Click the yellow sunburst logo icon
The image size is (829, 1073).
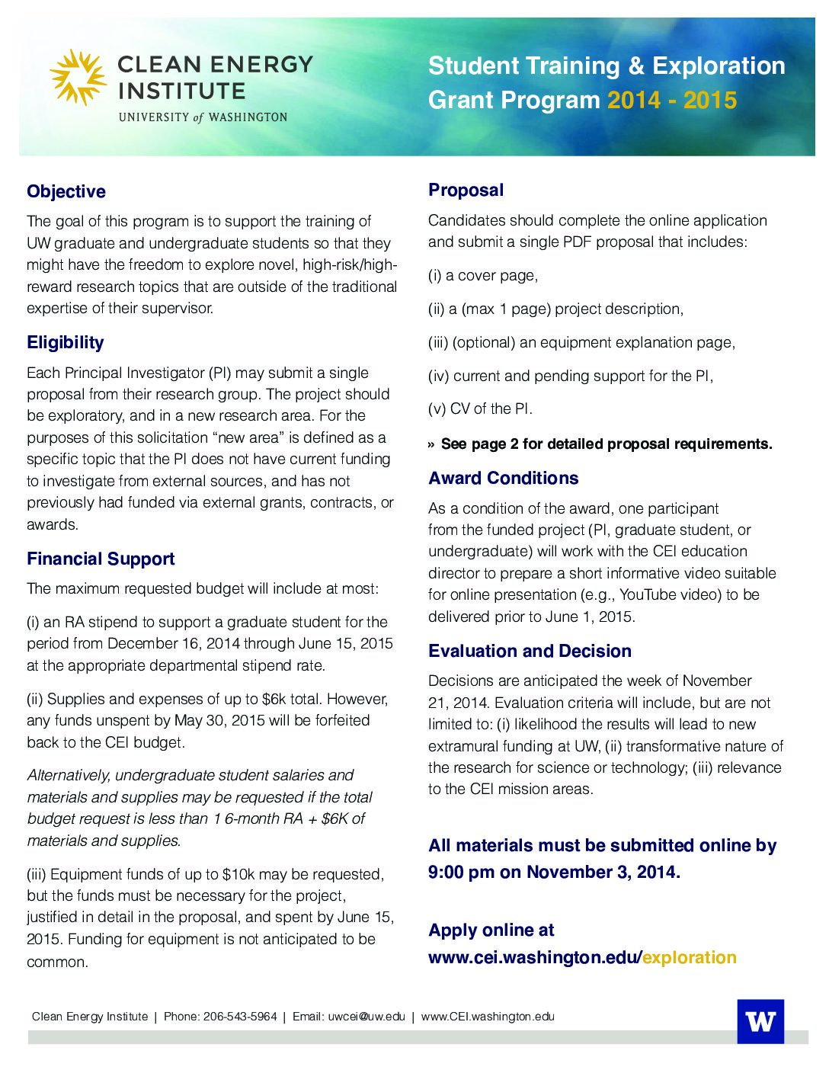click(78, 77)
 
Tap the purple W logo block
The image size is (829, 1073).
click(760, 1021)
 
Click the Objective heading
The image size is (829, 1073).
click(66, 191)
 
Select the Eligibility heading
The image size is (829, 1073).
click(66, 342)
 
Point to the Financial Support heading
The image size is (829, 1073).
click(101, 559)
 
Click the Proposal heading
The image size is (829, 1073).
click(466, 190)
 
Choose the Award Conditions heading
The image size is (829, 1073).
click(503, 478)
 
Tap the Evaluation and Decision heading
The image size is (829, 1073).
click(530, 651)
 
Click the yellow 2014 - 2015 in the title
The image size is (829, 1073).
click(671, 100)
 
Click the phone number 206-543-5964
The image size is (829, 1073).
click(240, 1017)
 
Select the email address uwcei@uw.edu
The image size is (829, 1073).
click(366, 1017)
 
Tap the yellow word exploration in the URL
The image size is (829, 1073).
click(690, 957)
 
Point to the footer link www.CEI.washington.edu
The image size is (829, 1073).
click(488, 1017)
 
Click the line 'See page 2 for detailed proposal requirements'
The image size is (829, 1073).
click(606, 444)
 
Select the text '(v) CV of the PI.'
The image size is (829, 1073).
click(480, 408)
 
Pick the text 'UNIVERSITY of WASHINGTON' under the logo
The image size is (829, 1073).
click(203, 117)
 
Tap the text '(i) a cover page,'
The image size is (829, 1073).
click(483, 275)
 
